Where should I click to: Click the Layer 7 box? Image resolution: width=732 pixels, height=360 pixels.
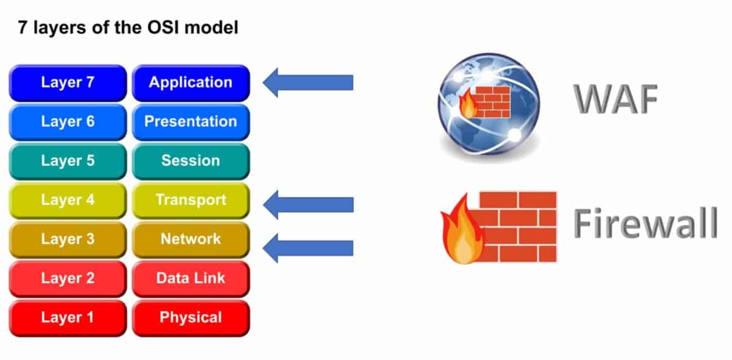tap(68, 82)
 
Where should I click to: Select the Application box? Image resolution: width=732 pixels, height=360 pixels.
tap(191, 82)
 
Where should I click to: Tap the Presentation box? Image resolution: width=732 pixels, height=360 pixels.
tap(191, 121)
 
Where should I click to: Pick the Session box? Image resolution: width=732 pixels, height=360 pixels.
tap(191, 160)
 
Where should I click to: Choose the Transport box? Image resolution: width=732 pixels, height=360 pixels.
tap(191, 200)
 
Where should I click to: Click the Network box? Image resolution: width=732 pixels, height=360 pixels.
tap(191, 239)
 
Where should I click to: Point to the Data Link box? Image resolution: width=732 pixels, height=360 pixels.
tap(191, 278)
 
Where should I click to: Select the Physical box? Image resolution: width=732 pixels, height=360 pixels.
tap(191, 317)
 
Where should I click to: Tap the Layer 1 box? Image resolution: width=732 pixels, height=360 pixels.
tap(68, 317)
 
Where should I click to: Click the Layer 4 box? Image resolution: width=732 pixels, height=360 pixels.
tap(68, 200)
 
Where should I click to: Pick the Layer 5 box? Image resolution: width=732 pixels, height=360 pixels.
tap(68, 160)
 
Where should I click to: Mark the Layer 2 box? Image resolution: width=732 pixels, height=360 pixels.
tap(68, 278)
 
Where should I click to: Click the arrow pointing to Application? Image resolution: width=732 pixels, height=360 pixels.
tap(308, 82)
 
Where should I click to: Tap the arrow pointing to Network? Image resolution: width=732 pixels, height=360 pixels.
tap(308, 248)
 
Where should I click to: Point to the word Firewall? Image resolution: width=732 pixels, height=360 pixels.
tap(645, 225)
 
